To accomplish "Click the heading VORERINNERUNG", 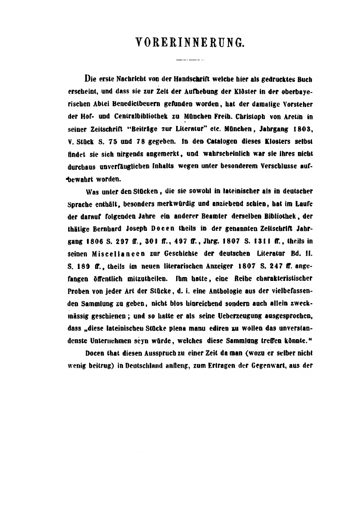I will [190, 42].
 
